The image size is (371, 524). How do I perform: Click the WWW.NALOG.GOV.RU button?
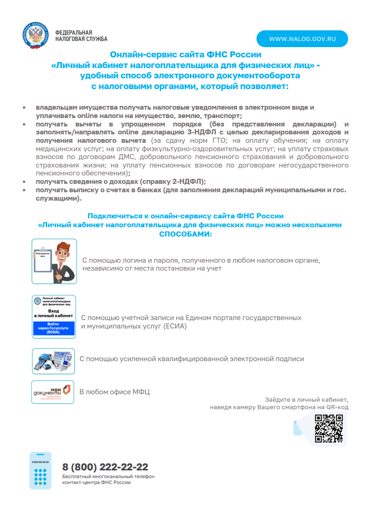tap(302, 39)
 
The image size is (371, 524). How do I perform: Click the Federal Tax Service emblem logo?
tap(35, 35)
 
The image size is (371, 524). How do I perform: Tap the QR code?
tap(328, 428)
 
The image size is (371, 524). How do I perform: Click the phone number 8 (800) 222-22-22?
tap(105, 467)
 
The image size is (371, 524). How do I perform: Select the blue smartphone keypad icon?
tap(40, 470)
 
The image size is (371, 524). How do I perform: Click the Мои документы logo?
tap(53, 392)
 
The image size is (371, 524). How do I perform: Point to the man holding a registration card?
tap(64, 261)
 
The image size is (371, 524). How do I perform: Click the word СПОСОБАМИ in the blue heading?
tap(185, 233)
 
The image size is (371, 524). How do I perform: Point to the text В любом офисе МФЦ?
tap(114, 392)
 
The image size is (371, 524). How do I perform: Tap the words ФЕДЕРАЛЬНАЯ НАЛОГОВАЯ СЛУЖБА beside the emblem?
tap(81, 35)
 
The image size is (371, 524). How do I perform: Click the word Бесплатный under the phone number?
tap(77, 476)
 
